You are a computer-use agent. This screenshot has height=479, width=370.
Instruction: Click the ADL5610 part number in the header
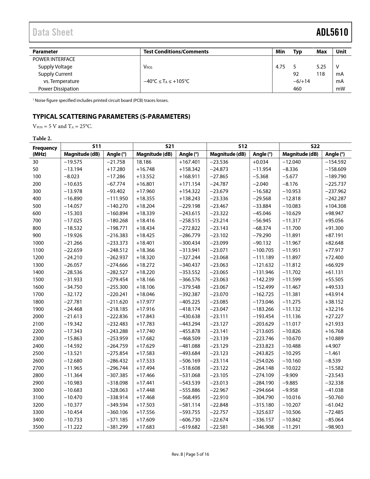point(332,32)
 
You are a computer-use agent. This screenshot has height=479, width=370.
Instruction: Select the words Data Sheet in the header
point(53,32)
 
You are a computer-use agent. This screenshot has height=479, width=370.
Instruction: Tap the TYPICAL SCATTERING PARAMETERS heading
point(111,116)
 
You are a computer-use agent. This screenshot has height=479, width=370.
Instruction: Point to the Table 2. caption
point(42,138)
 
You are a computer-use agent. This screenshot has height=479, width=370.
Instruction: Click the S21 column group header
point(169,146)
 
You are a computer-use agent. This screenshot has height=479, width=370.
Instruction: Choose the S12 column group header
point(243,146)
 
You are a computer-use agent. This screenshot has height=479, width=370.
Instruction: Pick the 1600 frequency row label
point(38,287)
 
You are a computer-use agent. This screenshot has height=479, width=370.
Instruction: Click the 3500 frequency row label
point(38,427)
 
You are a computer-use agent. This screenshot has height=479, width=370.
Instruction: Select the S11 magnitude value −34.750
point(73,287)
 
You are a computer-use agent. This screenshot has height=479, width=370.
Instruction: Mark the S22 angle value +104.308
point(335,206)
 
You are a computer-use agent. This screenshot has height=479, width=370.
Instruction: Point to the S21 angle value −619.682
point(189,427)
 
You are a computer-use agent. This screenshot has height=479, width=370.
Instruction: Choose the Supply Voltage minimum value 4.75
point(280,67)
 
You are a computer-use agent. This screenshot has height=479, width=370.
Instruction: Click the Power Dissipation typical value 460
point(297,89)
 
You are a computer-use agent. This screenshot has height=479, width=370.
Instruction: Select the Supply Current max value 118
point(320,74)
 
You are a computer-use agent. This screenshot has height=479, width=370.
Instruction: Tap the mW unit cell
point(340,89)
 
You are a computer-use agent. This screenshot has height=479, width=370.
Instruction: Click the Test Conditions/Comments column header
point(176,52)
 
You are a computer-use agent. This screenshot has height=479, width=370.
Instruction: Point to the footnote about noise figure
point(100,100)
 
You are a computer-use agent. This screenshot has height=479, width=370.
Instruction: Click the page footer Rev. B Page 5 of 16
point(190,454)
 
